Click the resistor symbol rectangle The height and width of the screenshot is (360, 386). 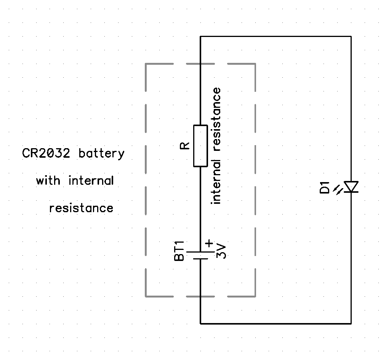click(200, 146)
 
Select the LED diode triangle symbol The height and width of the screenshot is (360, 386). click(351, 187)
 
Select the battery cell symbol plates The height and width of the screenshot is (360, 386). click(199, 255)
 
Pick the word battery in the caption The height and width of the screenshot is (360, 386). click(101, 154)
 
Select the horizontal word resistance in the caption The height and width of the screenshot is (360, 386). click(81, 208)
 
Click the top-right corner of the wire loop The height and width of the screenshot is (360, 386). click(351, 37)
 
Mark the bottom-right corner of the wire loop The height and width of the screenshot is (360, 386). click(351, 324)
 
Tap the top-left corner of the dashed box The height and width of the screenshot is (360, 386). click(146, 64)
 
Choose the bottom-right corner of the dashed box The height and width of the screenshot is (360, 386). click(255, 296)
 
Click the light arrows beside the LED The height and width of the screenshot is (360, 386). click(338, 189)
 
